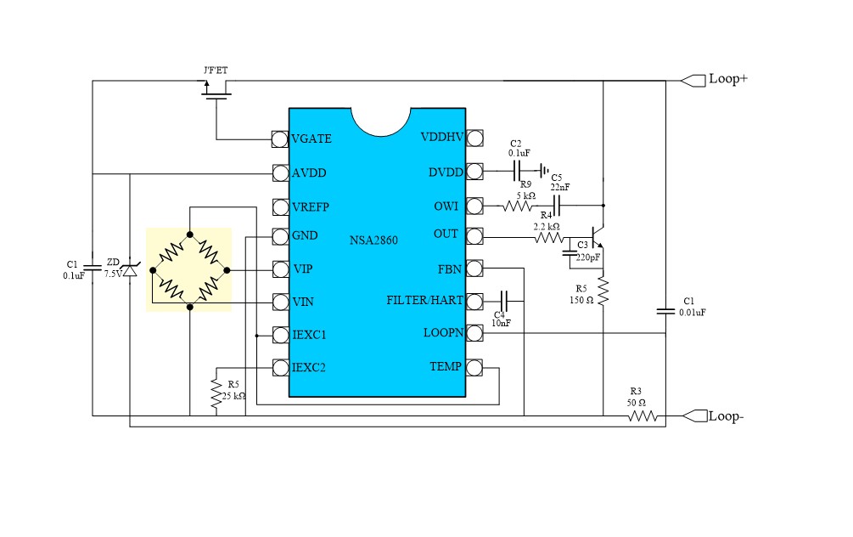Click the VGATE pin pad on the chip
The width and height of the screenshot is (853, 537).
coord(278,138)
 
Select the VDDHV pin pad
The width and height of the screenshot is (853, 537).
coord(474,138)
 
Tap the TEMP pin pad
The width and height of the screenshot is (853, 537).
coord(474,367)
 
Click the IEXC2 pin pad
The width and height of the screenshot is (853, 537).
coord(278,367)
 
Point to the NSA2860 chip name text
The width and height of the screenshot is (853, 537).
coord(373,240)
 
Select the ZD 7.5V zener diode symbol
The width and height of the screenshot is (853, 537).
coord(130,270)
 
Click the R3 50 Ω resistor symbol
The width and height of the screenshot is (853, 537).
coord(643,415)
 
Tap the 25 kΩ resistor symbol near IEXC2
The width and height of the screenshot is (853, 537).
coord(215,392)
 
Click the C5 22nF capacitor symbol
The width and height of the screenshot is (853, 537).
coord(558,205)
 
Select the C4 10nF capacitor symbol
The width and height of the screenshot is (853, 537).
coord(504,300)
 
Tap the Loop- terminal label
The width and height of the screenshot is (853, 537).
coord(727,416)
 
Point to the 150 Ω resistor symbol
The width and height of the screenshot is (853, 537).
coord(603,291)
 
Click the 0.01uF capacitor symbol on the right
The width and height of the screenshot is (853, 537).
coord(665,311)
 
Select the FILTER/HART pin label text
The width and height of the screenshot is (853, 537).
coord(424,300)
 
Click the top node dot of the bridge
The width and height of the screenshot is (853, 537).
coord(190,234)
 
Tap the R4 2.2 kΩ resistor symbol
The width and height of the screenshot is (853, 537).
coord(548,239)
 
